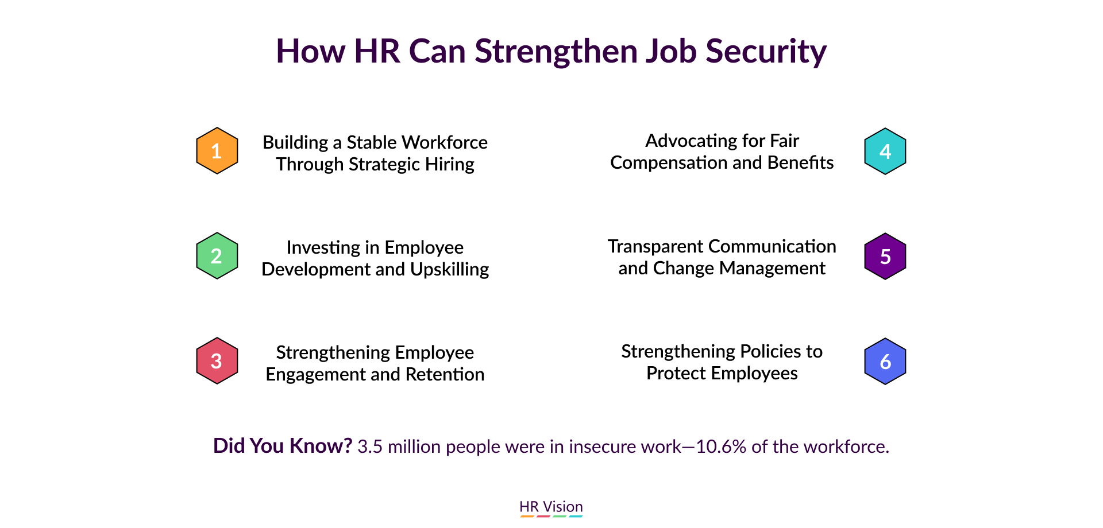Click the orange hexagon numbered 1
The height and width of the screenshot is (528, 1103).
217,150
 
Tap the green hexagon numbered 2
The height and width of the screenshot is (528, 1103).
217,256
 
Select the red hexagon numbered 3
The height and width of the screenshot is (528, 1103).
217,361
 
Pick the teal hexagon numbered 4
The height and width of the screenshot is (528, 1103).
885,151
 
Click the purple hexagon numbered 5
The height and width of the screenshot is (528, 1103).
885,256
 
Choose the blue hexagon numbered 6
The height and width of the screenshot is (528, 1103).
885,361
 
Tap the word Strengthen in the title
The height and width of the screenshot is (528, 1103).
556,52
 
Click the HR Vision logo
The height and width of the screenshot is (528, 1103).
551,508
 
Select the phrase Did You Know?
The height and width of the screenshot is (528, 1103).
282,446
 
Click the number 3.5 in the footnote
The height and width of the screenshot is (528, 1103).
370,447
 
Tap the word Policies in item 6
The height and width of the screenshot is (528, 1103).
769,351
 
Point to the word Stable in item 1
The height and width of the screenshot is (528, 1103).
371,142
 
